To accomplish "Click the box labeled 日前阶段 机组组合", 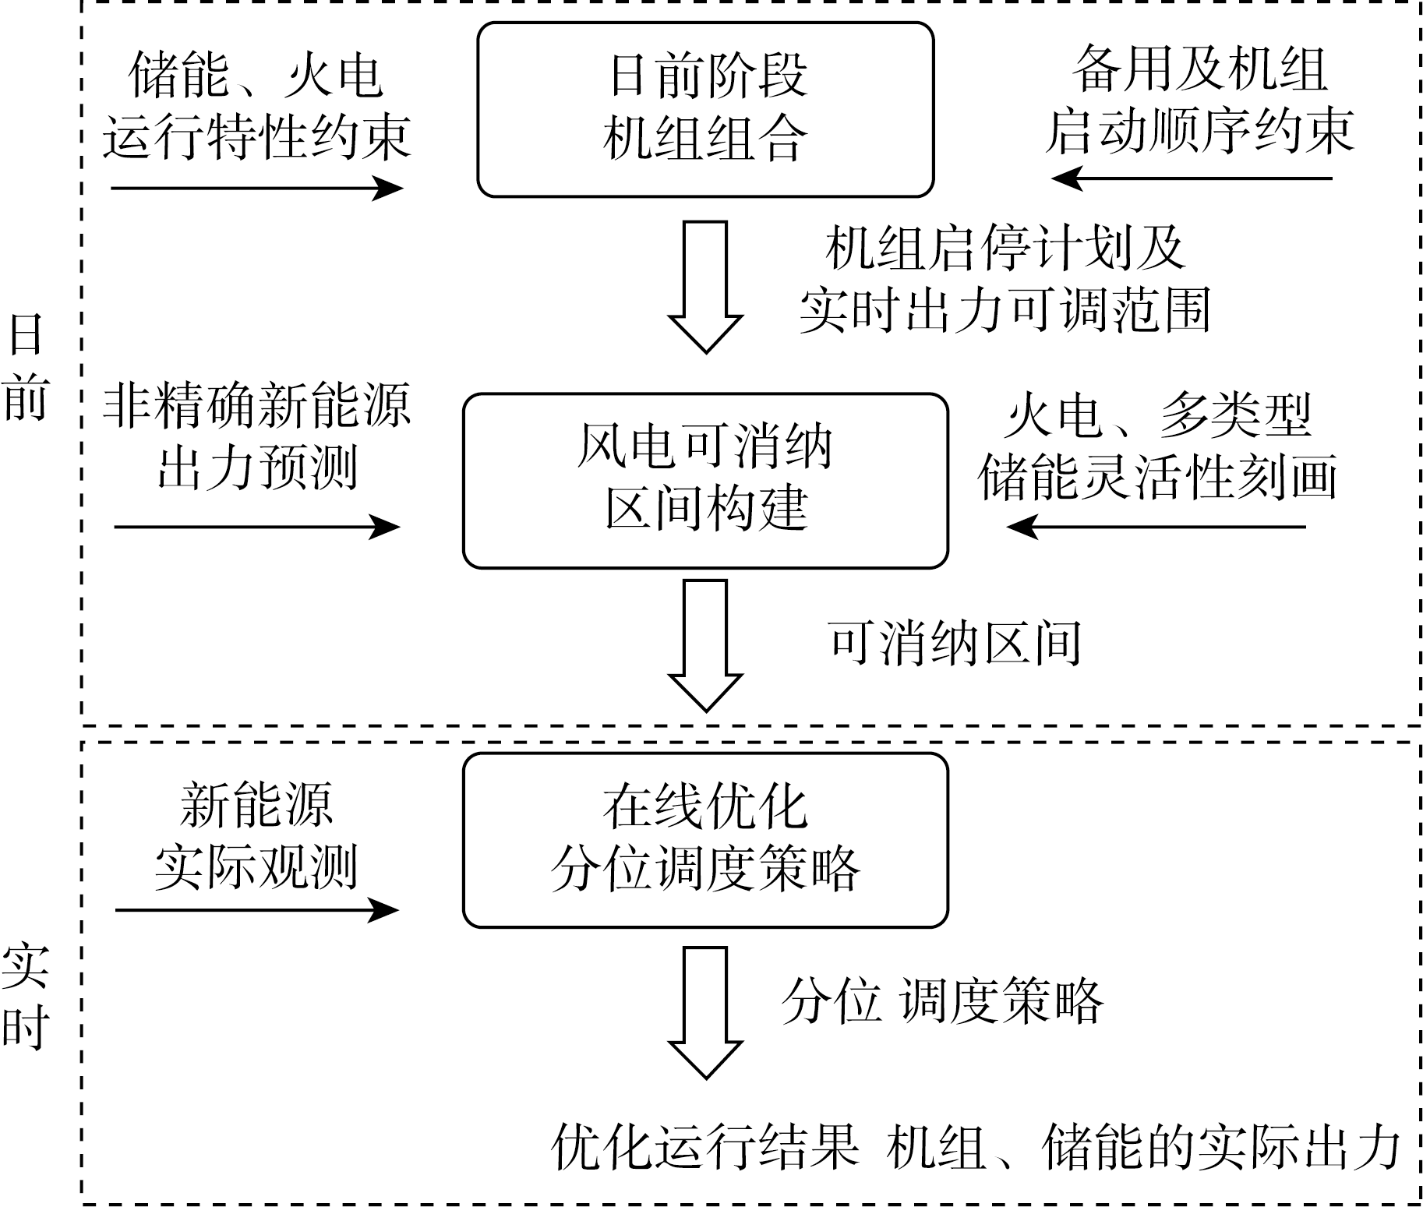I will pyautogui.click(x=705, y=109).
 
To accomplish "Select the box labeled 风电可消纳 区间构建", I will pyautogui.click(x=705, y=481).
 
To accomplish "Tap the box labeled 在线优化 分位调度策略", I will pyautogui.click(x=705, y=840).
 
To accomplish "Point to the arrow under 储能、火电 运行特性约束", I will pyautogui.click(x=257, y=188).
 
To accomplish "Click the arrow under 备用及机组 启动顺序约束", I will pyautogui.click(x=1192, y=178).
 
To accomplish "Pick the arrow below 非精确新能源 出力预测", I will pyautogui.click(x=257, y=527).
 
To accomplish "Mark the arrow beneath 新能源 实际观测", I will pyautogui.click(x=257, y=909).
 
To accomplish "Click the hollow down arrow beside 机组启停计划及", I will pyautogui.click(x=705, y=287).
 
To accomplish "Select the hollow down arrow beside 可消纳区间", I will pyautogui.click(x=705, y=645).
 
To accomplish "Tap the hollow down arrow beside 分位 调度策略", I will pyautogui.click(x=705, y=1012).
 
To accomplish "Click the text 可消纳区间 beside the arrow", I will pyautogui.click(x=955, y=644).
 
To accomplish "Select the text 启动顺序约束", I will pyautogui.click(x=1199, y=132).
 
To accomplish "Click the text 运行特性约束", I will pyautogui.click(x=256, y=138).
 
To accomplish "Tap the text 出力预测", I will pyautogui.click(x=256, y=468).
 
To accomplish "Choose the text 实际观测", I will pyautogui.click(x=256, y=866).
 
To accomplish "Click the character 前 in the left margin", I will pyautogui.click(x=26, y=400).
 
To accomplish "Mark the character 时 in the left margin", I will pyautogui.click(x=26, y=1028).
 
